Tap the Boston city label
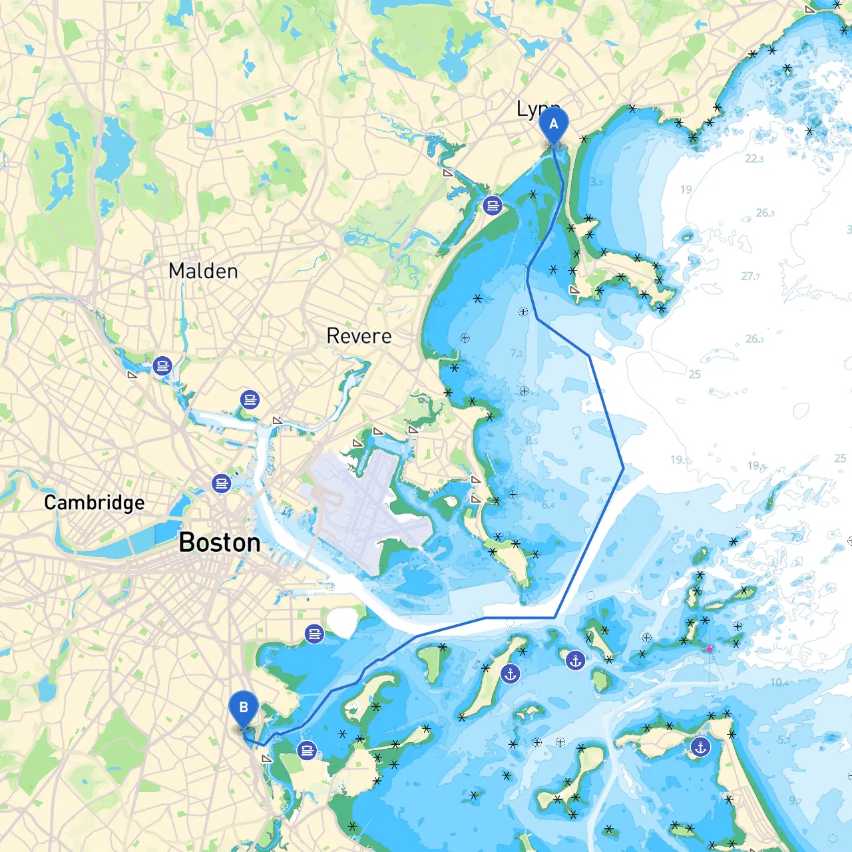[x=220, y=542]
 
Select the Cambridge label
[x=94, y=503]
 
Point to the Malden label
[x=203, y=271]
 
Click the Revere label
[x=359, y=336]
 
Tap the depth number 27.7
[x=750, y=276]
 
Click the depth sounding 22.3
[x=754, y=158]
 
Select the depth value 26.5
[x=754, y=339]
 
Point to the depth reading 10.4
[x=779, y=682]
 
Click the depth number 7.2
[x=516, y=353]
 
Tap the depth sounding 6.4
[x=548, y=505]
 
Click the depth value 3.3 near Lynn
[x=596, y=182]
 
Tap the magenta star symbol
[x=710, y=648]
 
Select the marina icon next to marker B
[x=307, y=750]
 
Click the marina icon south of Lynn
[x=493, y=205]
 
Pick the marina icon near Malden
[x=162, y=365]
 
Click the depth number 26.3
[x=765, y=213]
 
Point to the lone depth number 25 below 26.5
[x=694, y=374]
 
